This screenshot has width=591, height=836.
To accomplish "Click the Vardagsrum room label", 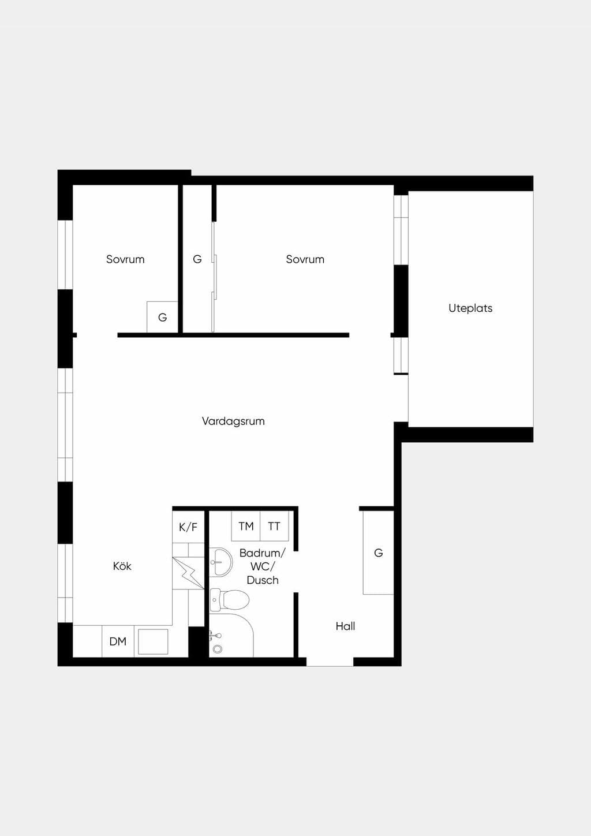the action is pyautogui.click(x=233, y=421).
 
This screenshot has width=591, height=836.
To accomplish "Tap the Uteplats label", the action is pyautogui.click(x=470, y=308).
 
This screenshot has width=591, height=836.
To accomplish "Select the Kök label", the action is pyautogui.click(x=122, y=566).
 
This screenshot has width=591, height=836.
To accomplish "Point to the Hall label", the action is pyautogui.click(x=345, y=626).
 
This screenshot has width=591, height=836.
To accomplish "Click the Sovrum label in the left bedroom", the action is pyautogui.click(x=125, y=259).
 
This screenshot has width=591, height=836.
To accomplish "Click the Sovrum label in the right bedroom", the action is pyautogui.click(x=305, y=259).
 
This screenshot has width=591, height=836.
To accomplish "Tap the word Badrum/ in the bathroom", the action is pyautogui.click(x=263, y=553).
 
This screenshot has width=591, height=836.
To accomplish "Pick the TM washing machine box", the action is pyautogui.click(x=246, y=526).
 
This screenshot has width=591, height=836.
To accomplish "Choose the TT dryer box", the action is pyautogui.click(x=274, y=526).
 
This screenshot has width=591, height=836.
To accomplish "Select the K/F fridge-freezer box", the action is pyautogui.click(x=188, y=527).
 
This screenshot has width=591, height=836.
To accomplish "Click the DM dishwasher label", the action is pyautogui.click(x=118, y=641).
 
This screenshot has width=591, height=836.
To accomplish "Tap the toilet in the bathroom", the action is pyautogui.click(x=229, y=600).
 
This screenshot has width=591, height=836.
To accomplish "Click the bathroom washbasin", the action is pyautogui.click(x=220, y=562).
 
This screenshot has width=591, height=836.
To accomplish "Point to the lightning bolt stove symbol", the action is pyautogui.click(x=188, y=573).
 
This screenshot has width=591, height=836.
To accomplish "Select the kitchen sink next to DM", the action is pyautogui.click(x=153, y=641).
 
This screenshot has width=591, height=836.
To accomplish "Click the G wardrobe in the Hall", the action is pyautogui.click(x=379, y=553).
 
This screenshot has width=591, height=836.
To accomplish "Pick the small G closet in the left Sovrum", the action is pyautogui.click(x=162, y=317).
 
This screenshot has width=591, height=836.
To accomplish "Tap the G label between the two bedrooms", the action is pyautogui.click(x=197, y=259).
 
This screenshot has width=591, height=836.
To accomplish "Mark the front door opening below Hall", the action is pyautogui.click(x=330, y=662).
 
